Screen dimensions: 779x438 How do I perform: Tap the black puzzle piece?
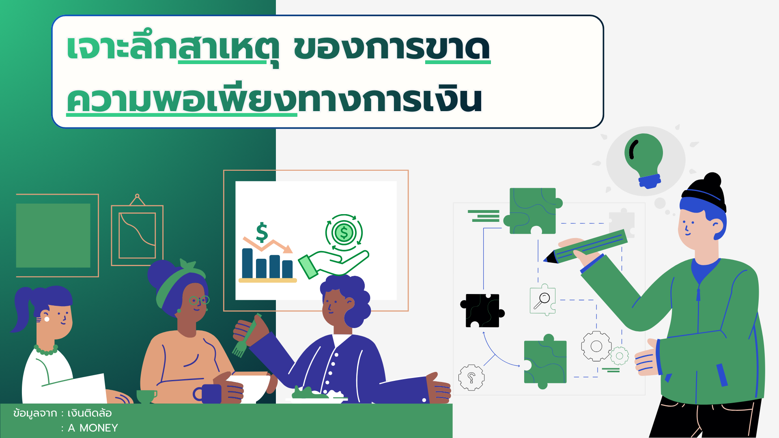[x=482, y=310]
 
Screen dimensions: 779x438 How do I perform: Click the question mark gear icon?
[x=471, y=378]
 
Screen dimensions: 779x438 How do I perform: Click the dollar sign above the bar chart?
[x=262, y=232]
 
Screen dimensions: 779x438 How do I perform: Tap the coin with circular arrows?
[x=344, y=233]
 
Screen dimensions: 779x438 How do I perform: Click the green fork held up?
[x=246, y=337]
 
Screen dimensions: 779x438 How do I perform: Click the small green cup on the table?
[x=146, y=396]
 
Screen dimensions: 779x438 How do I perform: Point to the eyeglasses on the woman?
[x=199, y=301]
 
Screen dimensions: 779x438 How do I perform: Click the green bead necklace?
[x=46, y=350]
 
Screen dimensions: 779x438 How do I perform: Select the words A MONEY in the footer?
[x=93, y=428]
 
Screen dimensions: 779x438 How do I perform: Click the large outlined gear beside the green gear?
[x=596, y=346]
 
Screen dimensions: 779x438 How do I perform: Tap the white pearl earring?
[x=47, y=319]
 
